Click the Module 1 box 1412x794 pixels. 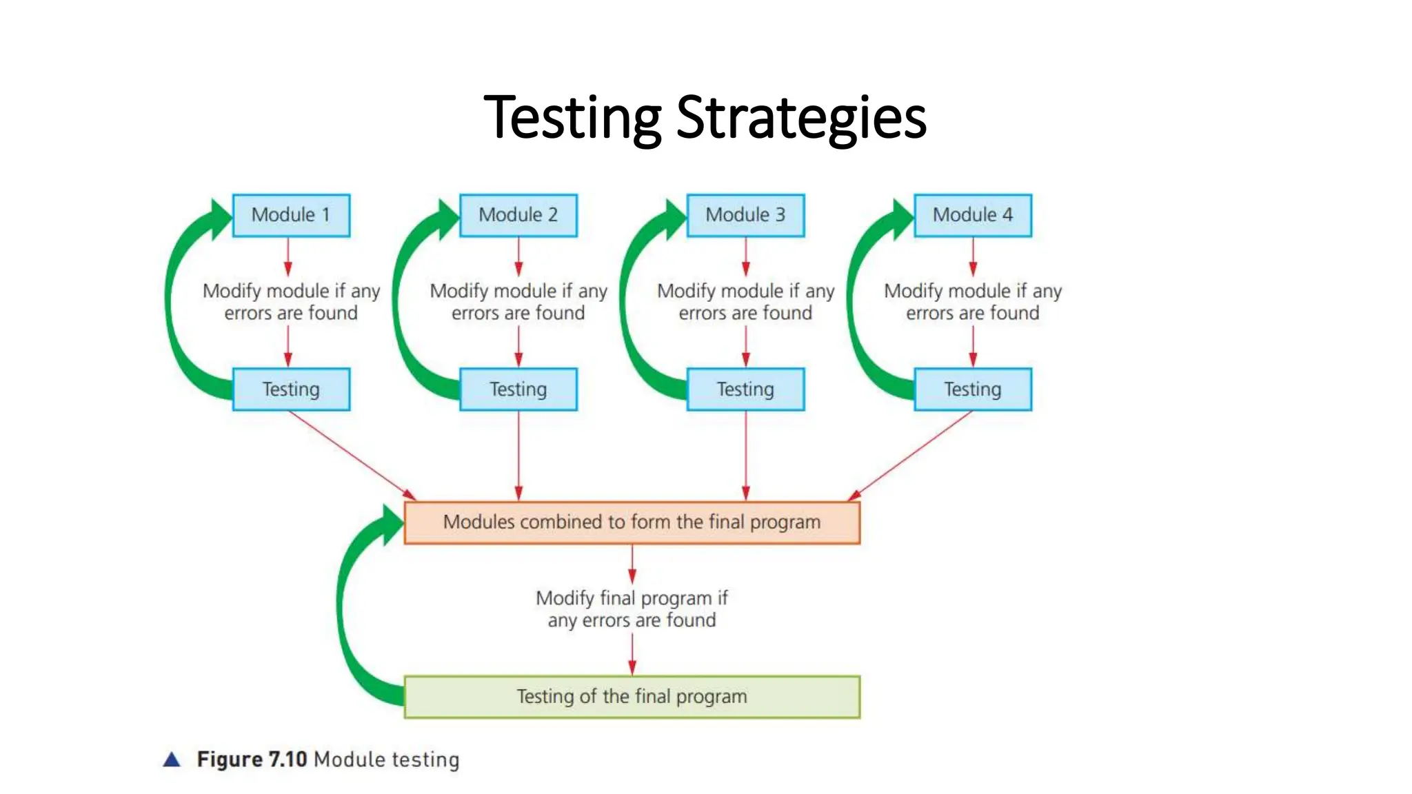[x=291, y=216]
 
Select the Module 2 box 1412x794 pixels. [x=518, y=216]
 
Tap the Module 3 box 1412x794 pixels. [x=745, y=216]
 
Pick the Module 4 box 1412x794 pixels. [x=973, y=216]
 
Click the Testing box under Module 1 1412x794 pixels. [x=291, y=389]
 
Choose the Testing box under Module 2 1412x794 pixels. [x=518, y=389]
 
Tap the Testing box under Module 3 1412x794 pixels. [x=745, y=389]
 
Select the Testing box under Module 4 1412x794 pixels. [x=973, y=389]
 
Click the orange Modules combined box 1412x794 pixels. [x=632, y=522]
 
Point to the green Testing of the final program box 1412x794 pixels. [x=632, y=697]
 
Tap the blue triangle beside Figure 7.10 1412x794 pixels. [x=172, y=760]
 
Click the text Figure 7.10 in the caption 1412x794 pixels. [x=252, y=760]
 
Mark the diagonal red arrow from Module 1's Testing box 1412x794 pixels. [x=352, y=455]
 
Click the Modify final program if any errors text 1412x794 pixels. [x=632, y=609]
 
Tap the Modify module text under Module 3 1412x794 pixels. [x=745, y=302]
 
